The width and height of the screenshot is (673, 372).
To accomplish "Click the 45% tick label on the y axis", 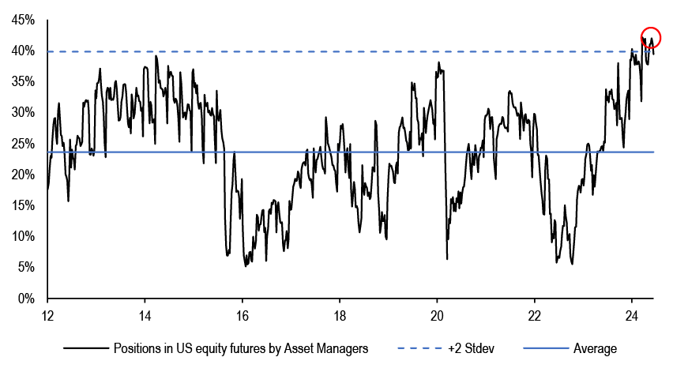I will click(22, 21).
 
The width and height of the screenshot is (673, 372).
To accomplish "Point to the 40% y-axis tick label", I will click(22, 51).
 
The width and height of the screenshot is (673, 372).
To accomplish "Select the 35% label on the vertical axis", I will click(22, 82).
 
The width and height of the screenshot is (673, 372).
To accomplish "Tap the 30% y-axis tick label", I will click(22, 113).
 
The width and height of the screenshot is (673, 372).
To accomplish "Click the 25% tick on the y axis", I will click(22, 144).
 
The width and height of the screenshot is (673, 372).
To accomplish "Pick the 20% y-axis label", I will click(22, 175).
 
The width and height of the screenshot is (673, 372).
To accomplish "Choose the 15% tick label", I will click(22, 205).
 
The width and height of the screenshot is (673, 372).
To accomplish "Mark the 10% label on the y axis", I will click(22, 236).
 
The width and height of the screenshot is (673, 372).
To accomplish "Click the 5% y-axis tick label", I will click(24, 267).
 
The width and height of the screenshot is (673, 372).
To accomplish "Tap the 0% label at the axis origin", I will click(24, 299).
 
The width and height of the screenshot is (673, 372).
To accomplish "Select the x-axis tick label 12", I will click(47, 313).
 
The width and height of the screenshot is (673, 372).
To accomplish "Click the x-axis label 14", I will click(145, 313).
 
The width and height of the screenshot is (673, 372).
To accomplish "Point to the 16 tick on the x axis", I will click(242, 313).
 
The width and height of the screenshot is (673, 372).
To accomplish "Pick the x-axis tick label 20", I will click(437, 313).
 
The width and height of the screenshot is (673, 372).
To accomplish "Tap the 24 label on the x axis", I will click(631, 313).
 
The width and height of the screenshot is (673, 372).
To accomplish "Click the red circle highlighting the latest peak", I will click(651, 36).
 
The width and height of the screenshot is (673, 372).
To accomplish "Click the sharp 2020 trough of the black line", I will click(447, 258).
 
